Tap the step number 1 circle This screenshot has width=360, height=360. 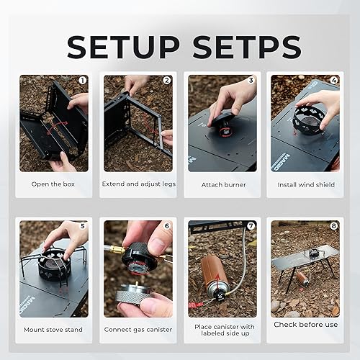pos(82,81)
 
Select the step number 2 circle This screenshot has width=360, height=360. pos(166,81)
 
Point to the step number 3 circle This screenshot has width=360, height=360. pos(251,81)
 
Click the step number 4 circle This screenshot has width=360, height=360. pos(334,81)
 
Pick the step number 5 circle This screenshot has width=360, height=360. pos(82,225)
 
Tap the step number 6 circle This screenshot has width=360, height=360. pos(166,225)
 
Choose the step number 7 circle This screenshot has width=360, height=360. pos(251,225)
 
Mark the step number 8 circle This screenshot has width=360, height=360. pos(334,225)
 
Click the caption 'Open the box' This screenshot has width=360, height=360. pos(53,184)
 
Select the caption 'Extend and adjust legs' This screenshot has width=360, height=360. pos(138,184)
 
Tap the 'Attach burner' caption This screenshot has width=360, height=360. pos(222,184)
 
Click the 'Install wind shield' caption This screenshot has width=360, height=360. pos(305,184)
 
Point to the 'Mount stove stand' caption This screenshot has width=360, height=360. pos(53,329)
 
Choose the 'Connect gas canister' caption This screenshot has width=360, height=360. pos(138,329)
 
